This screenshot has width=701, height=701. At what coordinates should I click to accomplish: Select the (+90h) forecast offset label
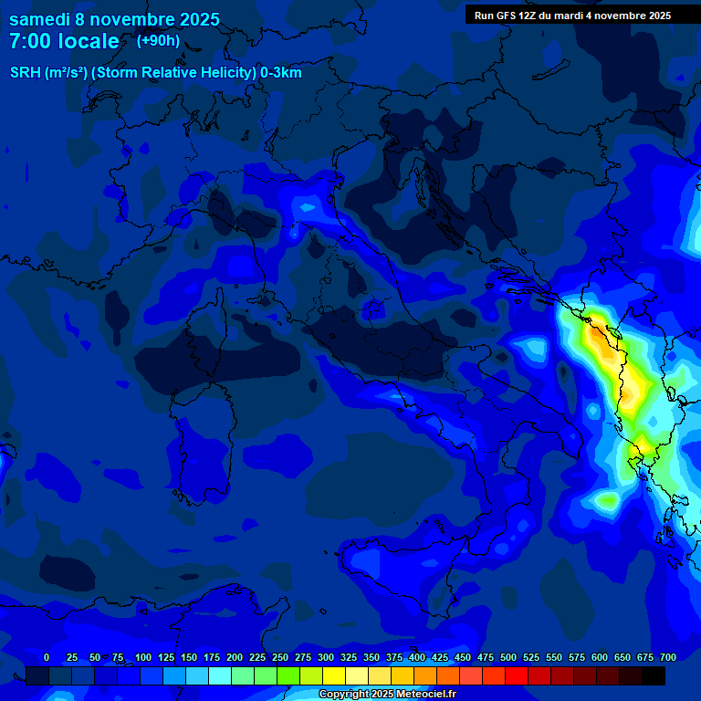point(158,40)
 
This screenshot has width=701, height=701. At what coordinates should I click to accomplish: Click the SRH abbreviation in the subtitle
point(26,73)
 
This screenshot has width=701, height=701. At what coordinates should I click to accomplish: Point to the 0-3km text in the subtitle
point(281,73)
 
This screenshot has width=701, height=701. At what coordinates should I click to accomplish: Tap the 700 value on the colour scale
point(668,657)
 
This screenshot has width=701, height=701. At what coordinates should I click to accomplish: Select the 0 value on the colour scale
point(46,657)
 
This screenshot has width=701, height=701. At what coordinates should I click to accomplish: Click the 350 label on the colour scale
point(371,657)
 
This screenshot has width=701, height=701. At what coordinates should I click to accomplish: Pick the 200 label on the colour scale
point(235,657)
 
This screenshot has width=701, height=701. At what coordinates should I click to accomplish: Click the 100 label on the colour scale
point(143,657)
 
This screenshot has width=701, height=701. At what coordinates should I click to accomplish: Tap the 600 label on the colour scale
point(600,657)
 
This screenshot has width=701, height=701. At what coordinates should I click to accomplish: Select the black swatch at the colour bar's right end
point(654,675)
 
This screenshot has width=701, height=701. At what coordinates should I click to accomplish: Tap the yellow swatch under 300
point(334,675)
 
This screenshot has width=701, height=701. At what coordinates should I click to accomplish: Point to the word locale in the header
point(89,41)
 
